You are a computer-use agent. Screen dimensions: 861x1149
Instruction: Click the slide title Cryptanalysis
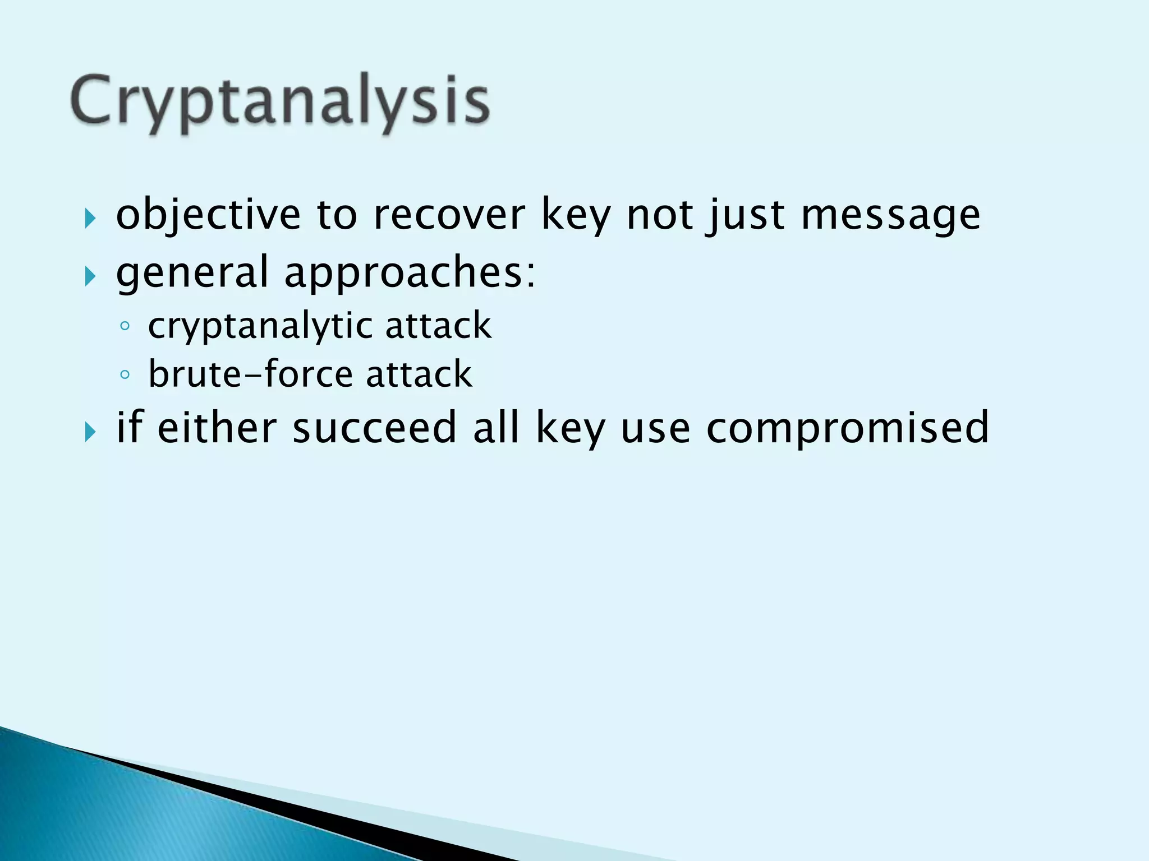tap(280, 103)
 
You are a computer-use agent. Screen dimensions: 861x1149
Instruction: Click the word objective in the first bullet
tap(208, 215)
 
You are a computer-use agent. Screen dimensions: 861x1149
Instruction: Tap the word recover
tap(449, 215)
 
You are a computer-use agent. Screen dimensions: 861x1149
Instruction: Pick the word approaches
tap(410, 273)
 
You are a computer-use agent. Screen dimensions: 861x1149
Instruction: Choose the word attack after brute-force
tap(419, 374)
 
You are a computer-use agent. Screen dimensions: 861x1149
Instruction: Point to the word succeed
tap(374, 428)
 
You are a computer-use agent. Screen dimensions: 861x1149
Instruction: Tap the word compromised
tap(847, 428)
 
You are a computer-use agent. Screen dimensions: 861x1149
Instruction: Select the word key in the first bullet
tap(576, 216)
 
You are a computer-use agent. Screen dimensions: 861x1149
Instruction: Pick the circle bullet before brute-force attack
tap(125, 374)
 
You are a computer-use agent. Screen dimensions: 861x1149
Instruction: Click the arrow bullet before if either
tap(90, 432)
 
